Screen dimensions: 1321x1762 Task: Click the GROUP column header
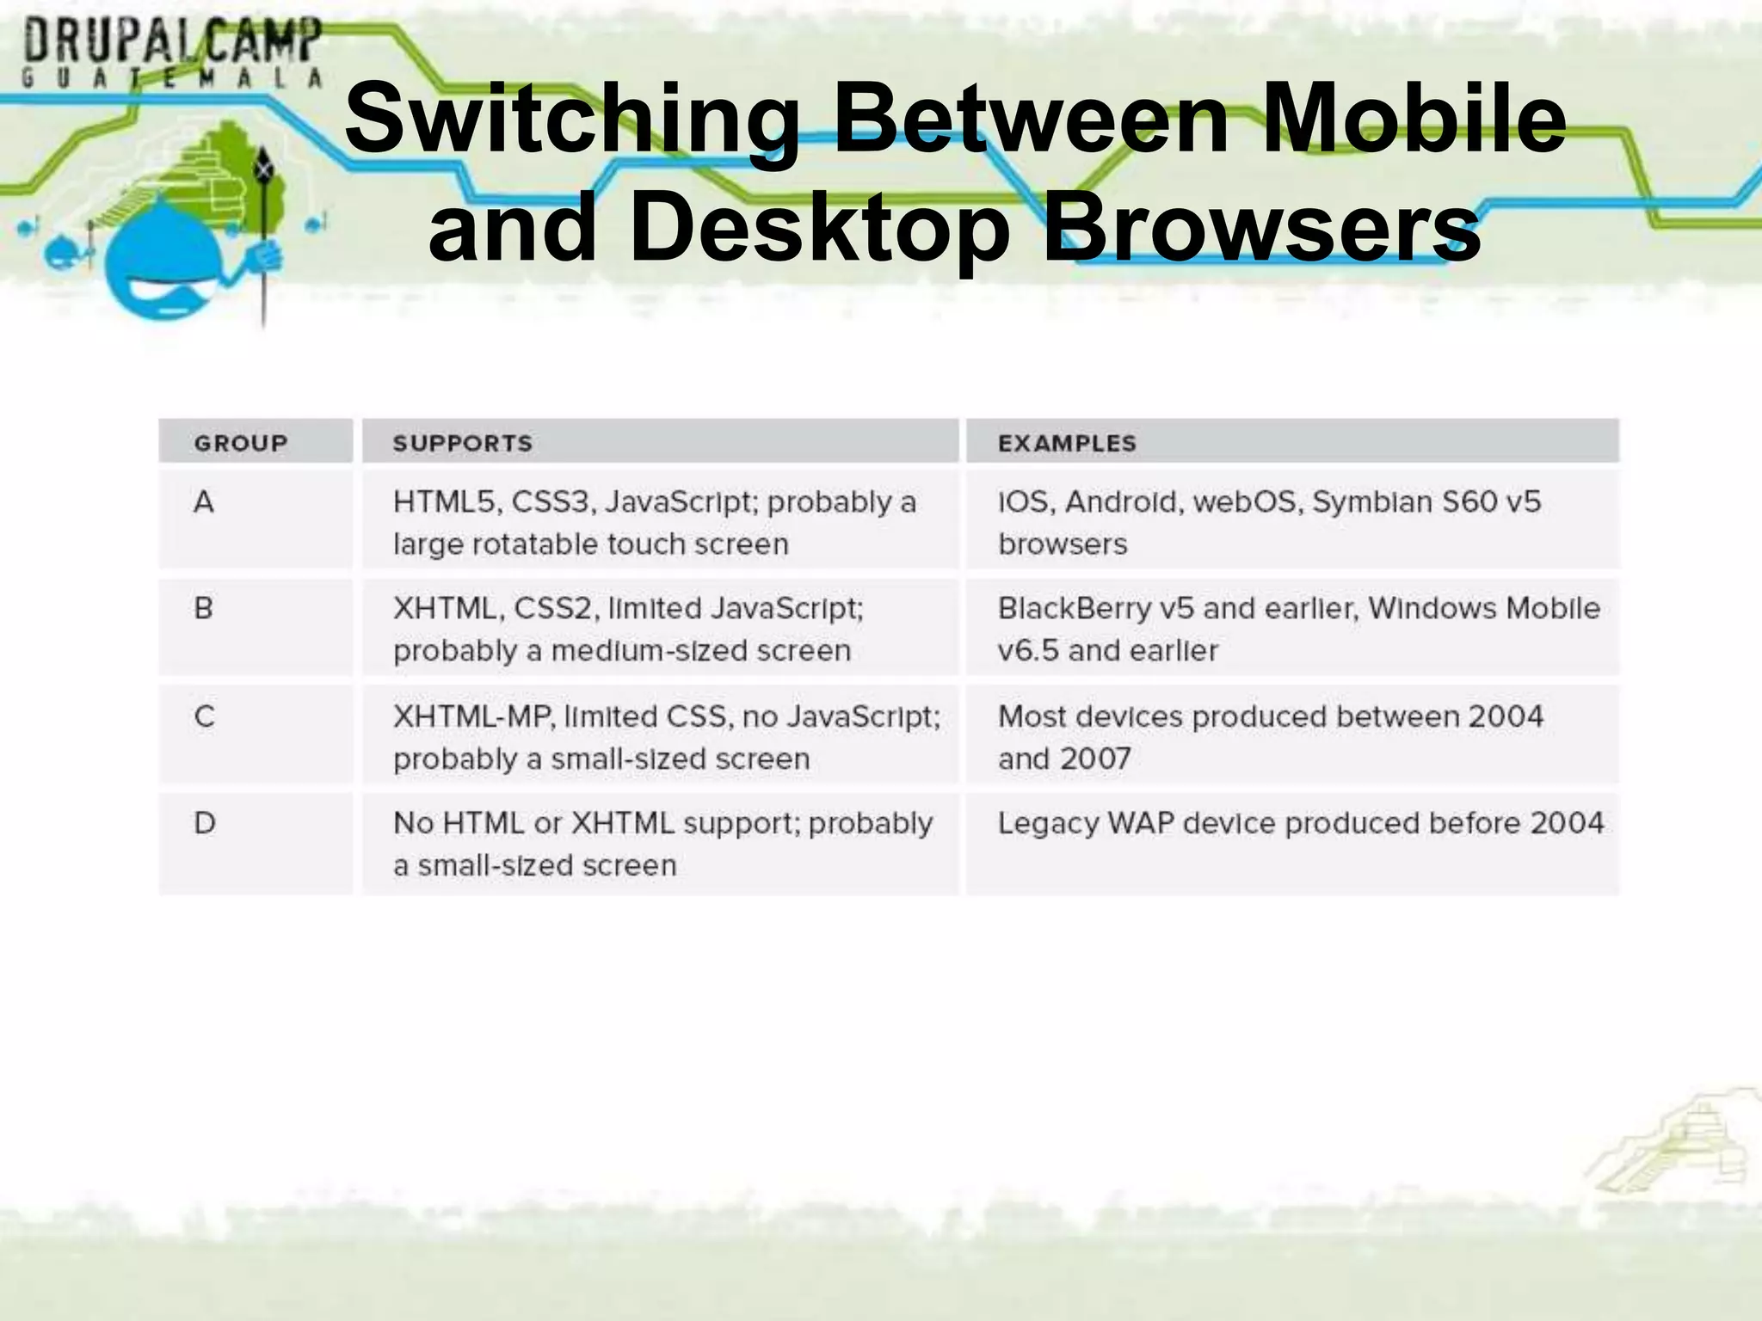241,443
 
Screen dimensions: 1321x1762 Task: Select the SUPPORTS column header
462,443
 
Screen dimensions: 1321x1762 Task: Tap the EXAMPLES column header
1067,443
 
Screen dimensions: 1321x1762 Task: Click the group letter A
204,501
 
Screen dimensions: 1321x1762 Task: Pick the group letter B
204,608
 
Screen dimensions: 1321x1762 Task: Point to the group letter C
204,716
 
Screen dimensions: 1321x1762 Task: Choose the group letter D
205,823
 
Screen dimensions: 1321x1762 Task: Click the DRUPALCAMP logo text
172,41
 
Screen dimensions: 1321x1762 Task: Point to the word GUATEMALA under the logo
172,79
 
